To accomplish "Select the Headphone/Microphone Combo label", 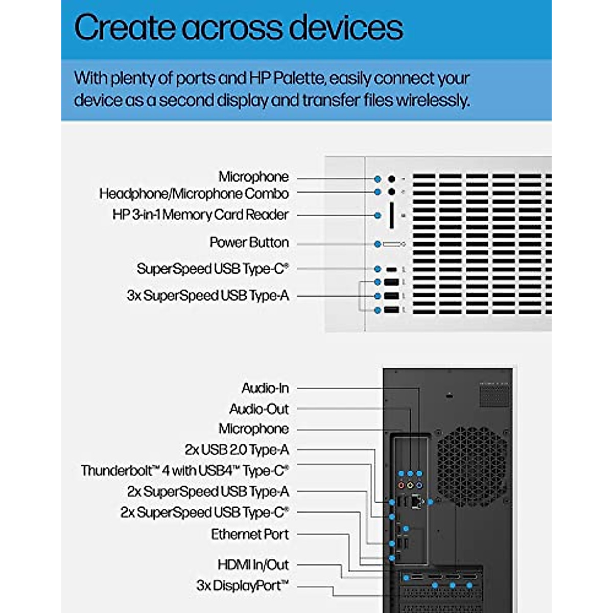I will point(194,194).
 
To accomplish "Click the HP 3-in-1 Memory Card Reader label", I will point(200,215).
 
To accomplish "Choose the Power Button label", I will point(249,243).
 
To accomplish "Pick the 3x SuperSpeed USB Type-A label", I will point(208,296).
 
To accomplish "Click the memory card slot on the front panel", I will point(391,215).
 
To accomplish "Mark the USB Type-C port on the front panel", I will point(391,269).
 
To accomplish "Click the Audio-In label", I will point(265,388).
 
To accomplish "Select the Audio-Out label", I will point(259,409).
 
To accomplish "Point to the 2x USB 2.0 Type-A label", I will point(237,450).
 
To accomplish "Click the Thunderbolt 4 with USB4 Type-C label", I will point(185,470).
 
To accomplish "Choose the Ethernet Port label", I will point(250,534).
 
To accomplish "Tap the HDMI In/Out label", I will point(253,565).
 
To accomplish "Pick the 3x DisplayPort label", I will point(243,585).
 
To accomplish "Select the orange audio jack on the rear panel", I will point(402,485).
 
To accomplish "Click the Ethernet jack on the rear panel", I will point(418,502).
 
